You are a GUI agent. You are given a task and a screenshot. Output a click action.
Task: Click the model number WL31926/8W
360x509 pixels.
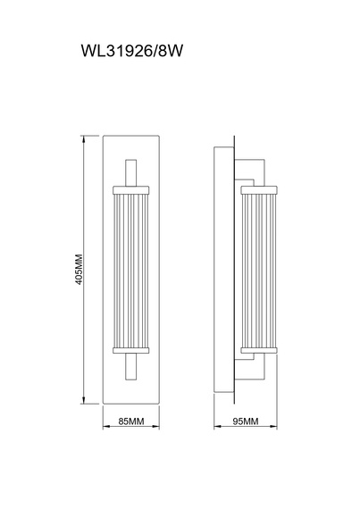coord(132,51)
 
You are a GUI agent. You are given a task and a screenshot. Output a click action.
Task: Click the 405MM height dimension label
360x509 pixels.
coord(79,270)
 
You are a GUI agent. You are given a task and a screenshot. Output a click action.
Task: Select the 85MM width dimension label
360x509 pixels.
coord(130,421)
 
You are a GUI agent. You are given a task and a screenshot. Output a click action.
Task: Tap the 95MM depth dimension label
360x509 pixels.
coord(246,421)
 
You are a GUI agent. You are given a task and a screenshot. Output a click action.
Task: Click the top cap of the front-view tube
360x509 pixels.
coord(130,190)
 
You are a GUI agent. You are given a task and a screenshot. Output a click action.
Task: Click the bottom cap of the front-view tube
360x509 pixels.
coord(130,350)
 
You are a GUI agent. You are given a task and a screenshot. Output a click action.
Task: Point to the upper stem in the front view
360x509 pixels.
coord(130,172)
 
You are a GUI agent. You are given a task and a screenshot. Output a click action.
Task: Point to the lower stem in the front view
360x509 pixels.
coord(130,366)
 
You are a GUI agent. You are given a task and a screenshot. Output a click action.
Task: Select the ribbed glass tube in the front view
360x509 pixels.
coord(130,271)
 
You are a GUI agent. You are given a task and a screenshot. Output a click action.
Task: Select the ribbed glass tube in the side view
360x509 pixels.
coord(259,271)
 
